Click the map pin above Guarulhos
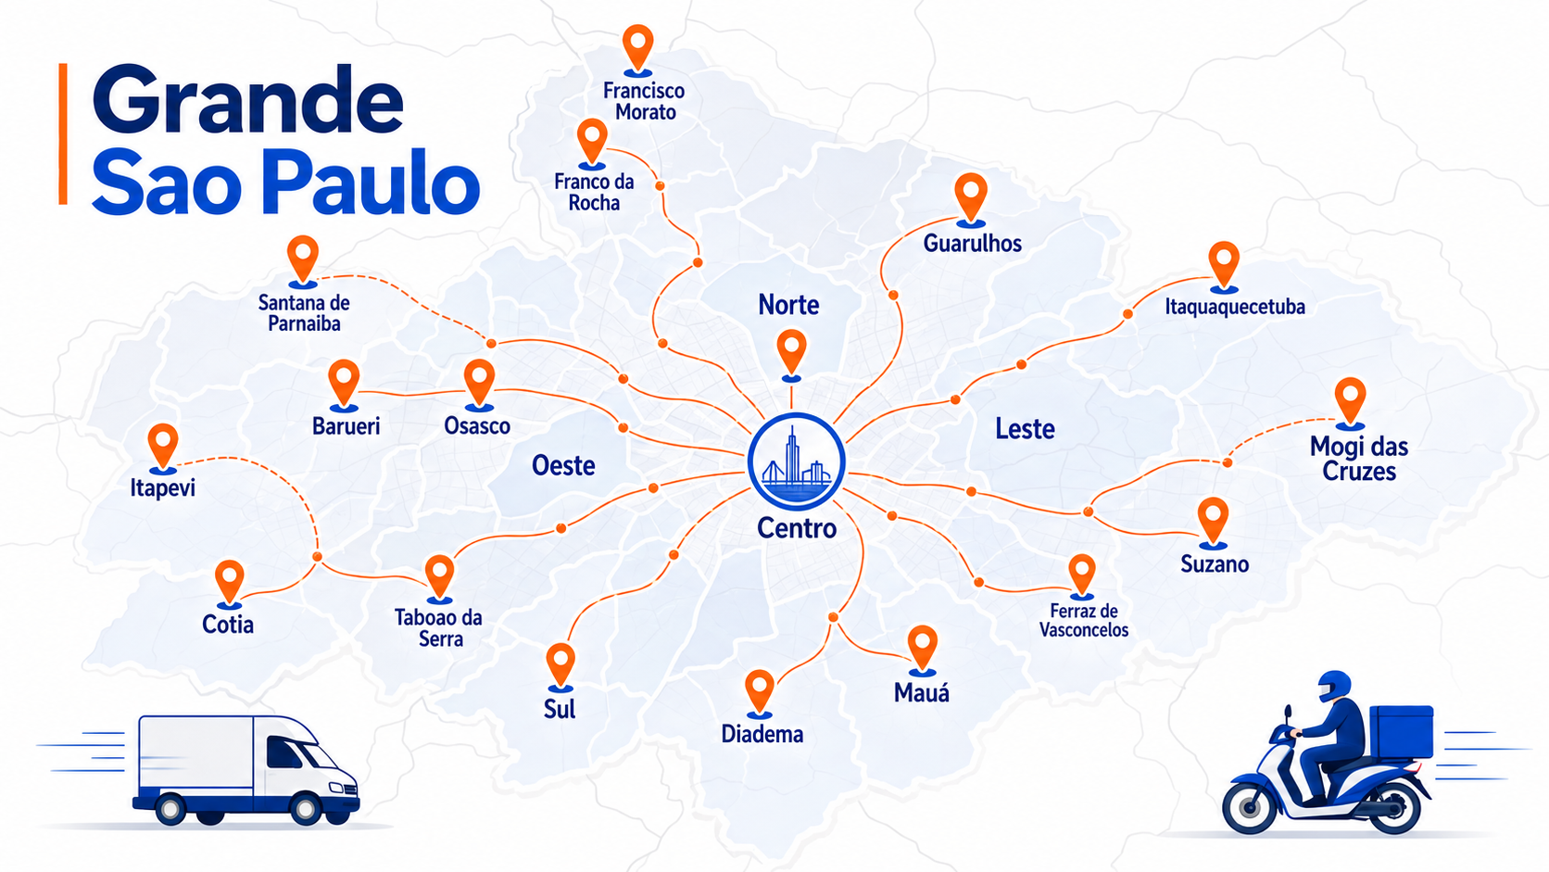tap(970, 196)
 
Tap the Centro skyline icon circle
tap(796, 461)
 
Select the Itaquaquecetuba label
tap(1234, 307)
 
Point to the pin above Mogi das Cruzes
tap(1350, 399)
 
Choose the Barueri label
tap(346, 426)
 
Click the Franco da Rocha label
tap(594, 192)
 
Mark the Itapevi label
tap(163, 487)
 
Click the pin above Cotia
tap(229, 581)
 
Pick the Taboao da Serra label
tap(439, 627)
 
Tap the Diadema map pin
tap(760, 690)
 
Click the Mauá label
tap(922, 692)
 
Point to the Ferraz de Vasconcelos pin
tap(1081, 573)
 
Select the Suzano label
tap(1214, 564)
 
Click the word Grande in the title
tap(247, 100)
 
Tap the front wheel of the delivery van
tap(306, 809)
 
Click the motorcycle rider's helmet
tap(1334, 687)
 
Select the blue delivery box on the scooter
tap(1401, 732)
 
